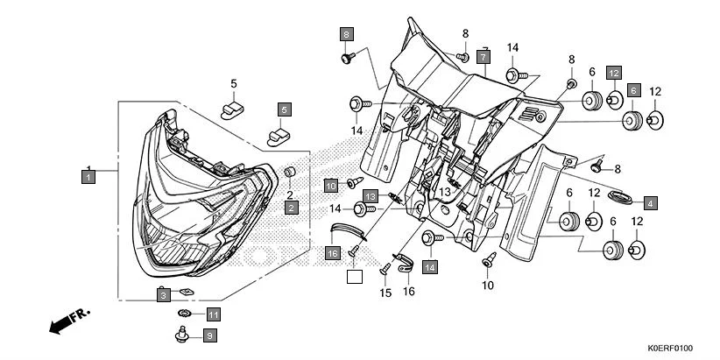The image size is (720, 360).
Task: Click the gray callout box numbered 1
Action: coord(88,176)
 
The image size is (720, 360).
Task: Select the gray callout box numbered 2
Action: coord(290,208)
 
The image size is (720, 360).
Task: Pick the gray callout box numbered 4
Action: coord(648,202)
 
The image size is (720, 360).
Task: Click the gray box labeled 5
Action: coord(285,109)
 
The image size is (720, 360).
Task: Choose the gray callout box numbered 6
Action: coord(633,89)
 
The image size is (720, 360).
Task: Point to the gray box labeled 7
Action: coord(483,57)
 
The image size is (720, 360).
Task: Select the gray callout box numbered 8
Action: coord(347,34)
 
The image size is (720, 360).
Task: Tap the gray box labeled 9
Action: coord(209,335)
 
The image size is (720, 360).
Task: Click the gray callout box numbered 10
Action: coord(331,185)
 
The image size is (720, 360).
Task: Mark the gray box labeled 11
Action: coord(214,314)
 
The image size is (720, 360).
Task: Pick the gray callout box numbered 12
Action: coord(614,73)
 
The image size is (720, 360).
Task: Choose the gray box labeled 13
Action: coord(371,195)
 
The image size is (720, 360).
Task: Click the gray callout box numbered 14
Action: coord(429,266)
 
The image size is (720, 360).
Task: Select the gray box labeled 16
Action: coord(333,253)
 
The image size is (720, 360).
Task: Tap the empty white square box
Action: coord(353,278)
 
